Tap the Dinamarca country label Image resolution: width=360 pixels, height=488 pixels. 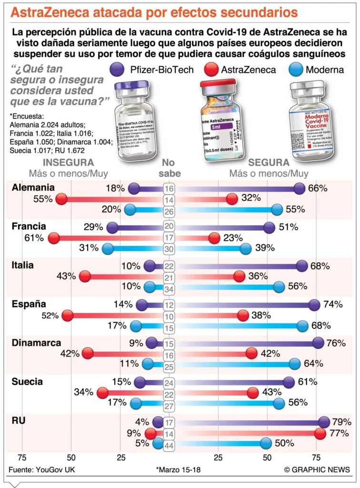tap(36, 343)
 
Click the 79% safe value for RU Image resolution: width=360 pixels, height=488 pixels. tap(341, 422)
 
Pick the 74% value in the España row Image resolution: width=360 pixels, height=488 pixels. tap(332, 305)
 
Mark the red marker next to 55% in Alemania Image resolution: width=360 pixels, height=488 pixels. tap(62, 199)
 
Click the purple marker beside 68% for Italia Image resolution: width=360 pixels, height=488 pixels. tap(301, 265)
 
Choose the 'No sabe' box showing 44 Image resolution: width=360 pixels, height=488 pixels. tap(169, 445)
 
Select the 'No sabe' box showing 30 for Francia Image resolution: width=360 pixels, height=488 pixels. tap(169, 248)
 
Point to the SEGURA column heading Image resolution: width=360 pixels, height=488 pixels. tap(269, 163)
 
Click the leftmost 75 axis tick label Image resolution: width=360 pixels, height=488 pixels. tap(22, 457)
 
